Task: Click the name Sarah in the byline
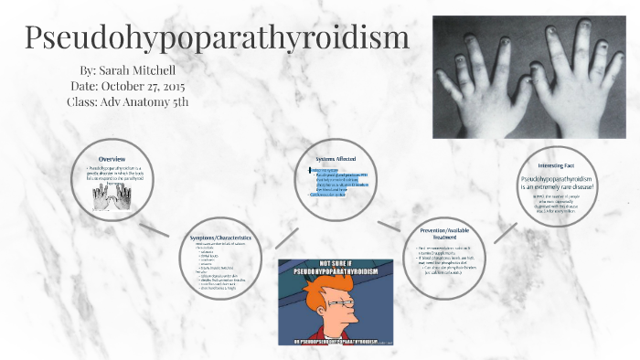pyautogui.click(x=123, y=69)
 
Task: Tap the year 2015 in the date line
pyautogui.click(x=181, y=85)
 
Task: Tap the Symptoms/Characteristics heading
pyautogui.click(x=220, y=238)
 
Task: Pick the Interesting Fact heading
pyautogui.click(x=555, y=165)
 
